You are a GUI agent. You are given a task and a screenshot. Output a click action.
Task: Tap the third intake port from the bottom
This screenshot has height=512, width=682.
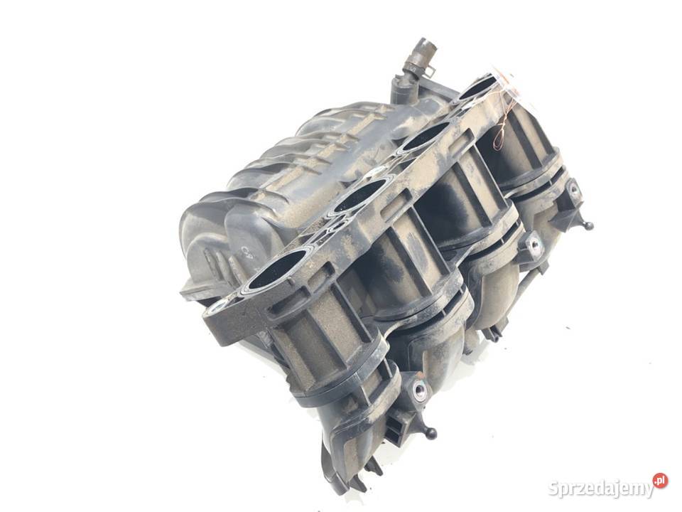click(x=425, y=138)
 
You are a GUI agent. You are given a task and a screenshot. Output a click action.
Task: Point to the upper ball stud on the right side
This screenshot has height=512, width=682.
click(x=588, y=225)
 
